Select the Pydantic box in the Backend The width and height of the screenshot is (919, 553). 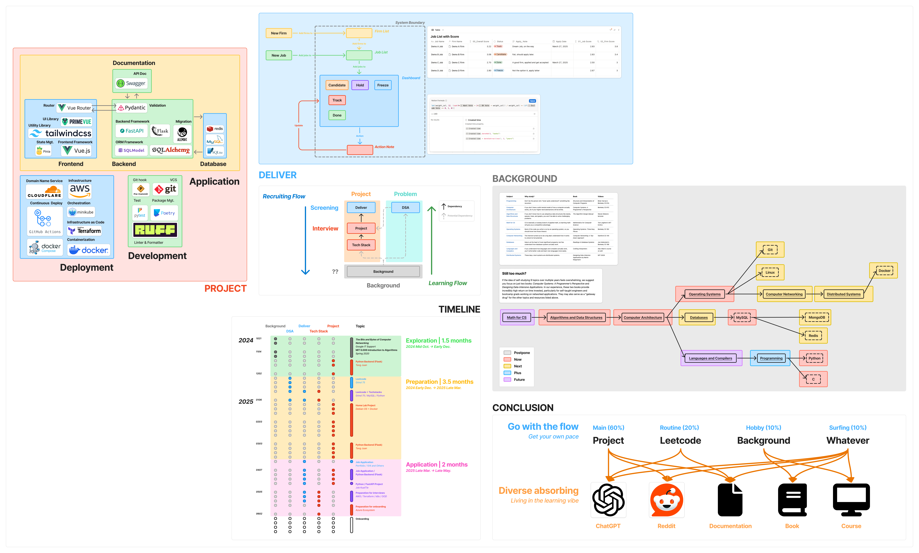click(132, 108)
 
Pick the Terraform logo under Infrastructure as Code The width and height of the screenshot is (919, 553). click(85, 231)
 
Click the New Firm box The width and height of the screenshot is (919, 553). click(279, 33)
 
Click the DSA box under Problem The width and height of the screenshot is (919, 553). click(405, 208)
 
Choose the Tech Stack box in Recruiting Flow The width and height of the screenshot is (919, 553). click(361, 245)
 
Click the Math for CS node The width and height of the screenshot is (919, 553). click(517, 317)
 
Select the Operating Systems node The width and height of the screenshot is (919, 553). click(704, 294)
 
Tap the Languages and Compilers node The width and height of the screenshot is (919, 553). click(710, 358)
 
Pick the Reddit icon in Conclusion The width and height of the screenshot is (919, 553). click(666, 500)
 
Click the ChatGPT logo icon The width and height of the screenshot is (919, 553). click(608, 500)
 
